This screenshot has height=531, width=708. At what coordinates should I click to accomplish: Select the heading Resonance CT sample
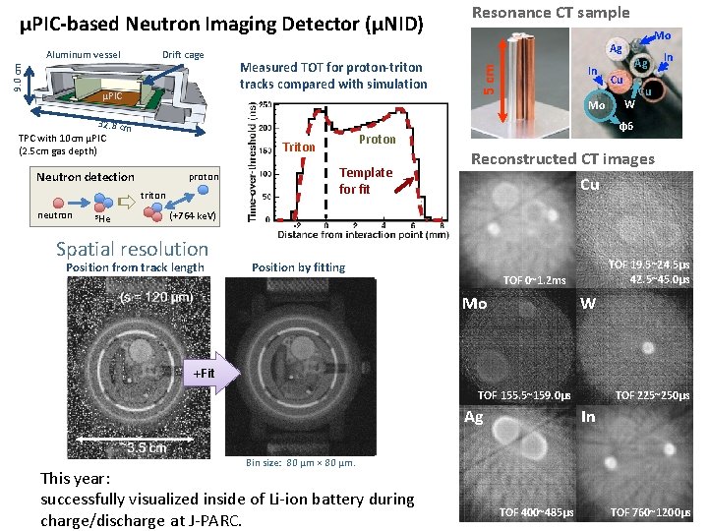point(551,13)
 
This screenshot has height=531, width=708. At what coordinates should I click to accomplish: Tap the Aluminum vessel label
point(84,54)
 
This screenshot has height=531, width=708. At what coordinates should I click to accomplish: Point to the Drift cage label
point(183,54)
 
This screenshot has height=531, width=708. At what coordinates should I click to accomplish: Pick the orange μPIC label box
point(112,97)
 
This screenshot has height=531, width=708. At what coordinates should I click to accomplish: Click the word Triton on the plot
point(298,147)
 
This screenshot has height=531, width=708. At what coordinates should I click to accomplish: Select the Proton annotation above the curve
point(377,140)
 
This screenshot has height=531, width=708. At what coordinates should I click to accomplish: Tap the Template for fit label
point(365,180)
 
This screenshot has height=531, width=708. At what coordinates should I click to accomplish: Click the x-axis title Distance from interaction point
point(363,235)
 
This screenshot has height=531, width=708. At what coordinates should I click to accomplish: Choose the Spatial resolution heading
point(133,249)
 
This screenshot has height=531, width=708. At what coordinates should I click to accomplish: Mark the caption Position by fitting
point(298,267)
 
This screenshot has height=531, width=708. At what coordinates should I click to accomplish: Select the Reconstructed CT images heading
point(562,159)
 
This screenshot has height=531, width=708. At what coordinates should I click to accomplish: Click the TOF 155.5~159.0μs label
point(523,395)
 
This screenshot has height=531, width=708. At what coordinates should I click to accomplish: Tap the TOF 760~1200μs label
point(649,512)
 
